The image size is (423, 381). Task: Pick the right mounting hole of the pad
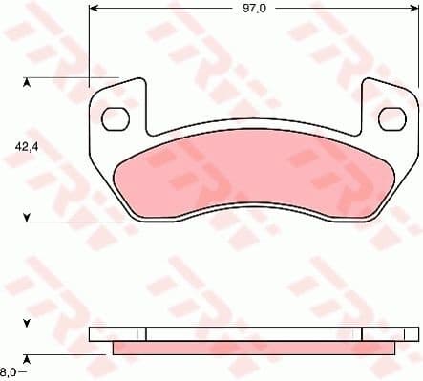point(391,118)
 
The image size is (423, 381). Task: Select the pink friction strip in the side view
point(253,348)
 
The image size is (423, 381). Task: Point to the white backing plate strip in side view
point(253,334)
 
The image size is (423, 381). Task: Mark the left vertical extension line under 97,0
point(89,48)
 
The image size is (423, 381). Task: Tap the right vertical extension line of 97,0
point(418,48)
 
